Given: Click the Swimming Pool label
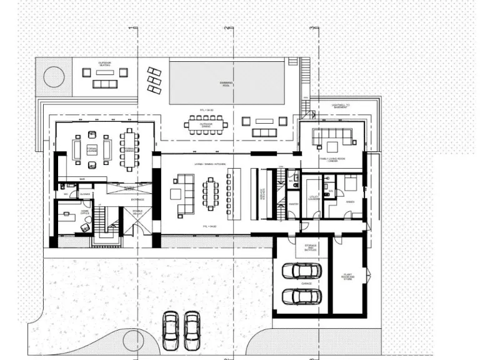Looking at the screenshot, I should pyautogui.click(x=226, y=84).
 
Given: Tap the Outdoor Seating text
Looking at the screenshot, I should pyautogui.click(x=104, y=64).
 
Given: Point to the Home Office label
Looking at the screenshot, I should pyautogui.click(x=85, y=212).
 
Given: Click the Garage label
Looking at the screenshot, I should pyautogui.click(x=306, y=283).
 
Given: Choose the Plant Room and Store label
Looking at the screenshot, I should pyautogui.click(x=347, y=276).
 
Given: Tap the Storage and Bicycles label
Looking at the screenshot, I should pyautogui.click(x=311, y=247).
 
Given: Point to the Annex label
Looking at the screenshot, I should pyautogui.click(x=350, y=202).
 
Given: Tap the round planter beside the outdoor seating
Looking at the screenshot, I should pyautogui.click(x=54, y=76).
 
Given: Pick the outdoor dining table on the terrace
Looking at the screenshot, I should pyautogui.click(x=206, y=124).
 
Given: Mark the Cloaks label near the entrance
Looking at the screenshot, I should pyautogui.click(x=84, y=194).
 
